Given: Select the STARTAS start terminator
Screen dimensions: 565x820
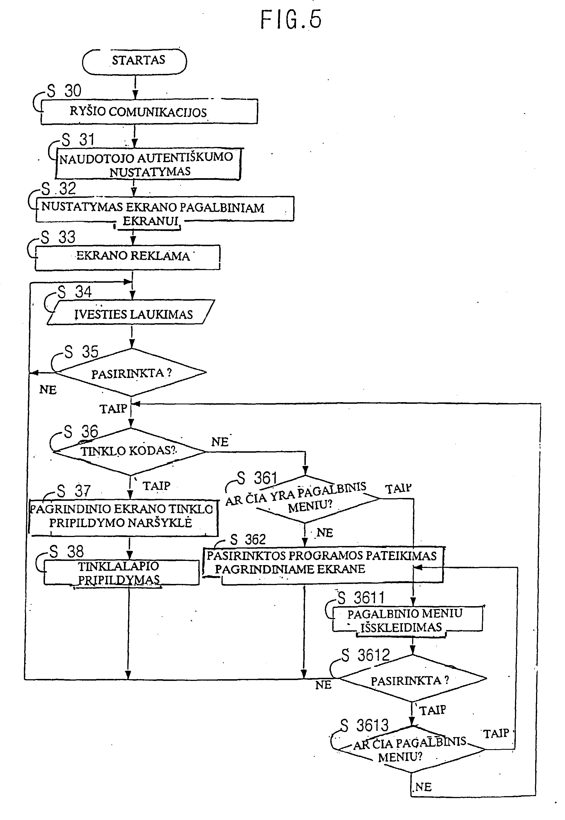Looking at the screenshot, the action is click(x=135, y=61).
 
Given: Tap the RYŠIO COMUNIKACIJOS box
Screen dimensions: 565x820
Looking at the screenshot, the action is click(x=149, y=112).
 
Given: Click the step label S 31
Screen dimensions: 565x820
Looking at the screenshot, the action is click(x=78, y=139).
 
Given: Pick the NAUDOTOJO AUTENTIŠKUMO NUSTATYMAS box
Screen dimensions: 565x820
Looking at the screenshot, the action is click(x=148, y=164).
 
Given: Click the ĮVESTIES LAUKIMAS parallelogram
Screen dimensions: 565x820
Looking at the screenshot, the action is click(x=131, y=312).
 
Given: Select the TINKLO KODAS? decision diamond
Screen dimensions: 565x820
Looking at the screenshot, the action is click(x=130, y=451).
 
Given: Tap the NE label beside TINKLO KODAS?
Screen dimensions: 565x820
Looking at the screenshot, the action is click(x=220, y=442).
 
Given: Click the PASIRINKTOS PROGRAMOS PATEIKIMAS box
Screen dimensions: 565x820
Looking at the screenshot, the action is click(x=323, y=565).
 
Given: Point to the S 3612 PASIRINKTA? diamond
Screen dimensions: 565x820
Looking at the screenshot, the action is click(x=412, y=678).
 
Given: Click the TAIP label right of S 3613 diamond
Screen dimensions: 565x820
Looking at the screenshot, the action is click(x=496, y=733).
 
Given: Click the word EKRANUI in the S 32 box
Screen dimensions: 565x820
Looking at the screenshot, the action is click(x=150, y=221).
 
